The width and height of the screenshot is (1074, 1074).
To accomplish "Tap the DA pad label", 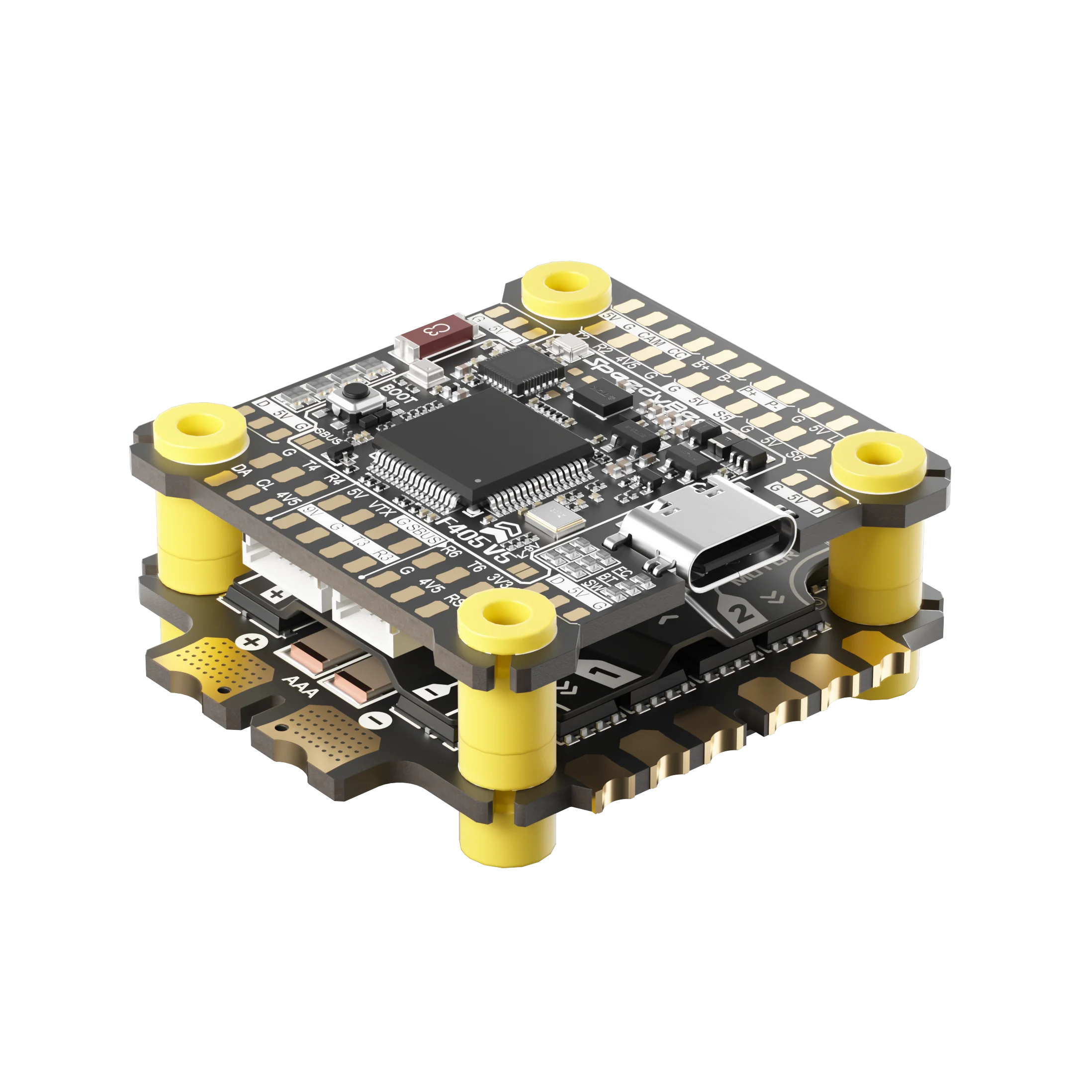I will (241, 470).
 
